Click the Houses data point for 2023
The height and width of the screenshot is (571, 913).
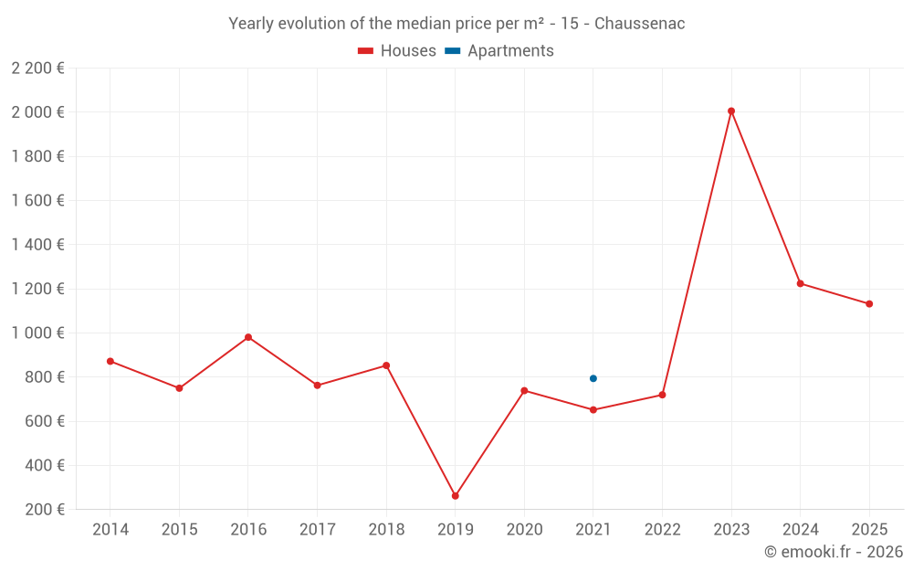(x=731, y=111)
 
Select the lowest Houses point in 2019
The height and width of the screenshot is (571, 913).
(x=456, y=496)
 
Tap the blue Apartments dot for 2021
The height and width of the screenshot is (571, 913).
(x=593, y=379)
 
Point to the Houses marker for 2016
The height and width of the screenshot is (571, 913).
(x=248, y=337)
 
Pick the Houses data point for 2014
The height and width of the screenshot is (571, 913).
(x=110, y=361)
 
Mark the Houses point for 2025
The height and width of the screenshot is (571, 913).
(x=869, y=304)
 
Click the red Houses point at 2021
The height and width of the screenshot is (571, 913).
(x=593, y=410)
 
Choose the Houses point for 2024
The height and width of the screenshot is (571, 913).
(x=801, y=284)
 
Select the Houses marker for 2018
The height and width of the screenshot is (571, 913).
(x=386, y=366)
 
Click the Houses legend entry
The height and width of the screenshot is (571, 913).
(x=397, y=50)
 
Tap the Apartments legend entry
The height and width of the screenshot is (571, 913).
(x=499, y=50)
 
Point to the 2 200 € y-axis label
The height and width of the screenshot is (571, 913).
(x=37, y=69)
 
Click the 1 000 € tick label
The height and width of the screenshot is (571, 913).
(x=37, y=333)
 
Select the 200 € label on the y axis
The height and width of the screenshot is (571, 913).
(x=45, y=510)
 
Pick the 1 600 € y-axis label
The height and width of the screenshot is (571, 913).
(x=37, y=200)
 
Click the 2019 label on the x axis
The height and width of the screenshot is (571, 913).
(x=456, y=530)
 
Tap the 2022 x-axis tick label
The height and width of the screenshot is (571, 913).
(x=663, y=530)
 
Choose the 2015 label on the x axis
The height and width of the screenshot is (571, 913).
(x=179, y=530)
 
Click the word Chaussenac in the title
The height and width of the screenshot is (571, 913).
(x=639, y=24)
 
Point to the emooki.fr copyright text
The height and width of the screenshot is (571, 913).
(x=834, y=552)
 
